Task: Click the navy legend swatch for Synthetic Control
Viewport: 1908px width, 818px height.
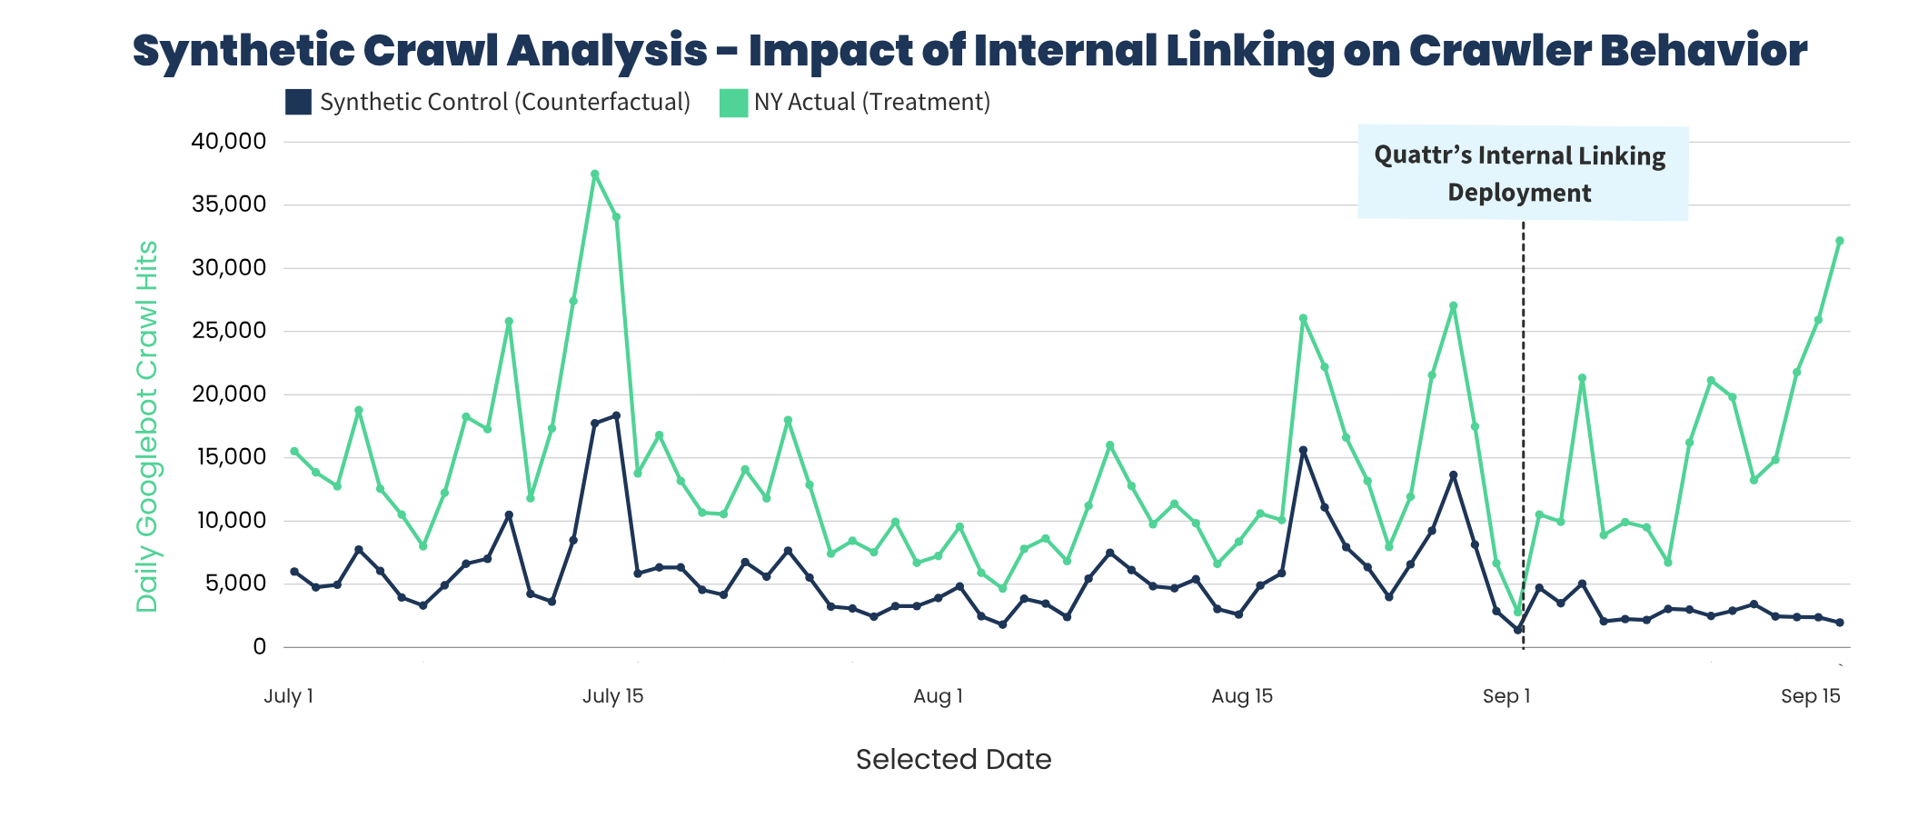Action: point(298,102)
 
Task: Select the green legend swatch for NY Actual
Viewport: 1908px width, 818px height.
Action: point(733,102)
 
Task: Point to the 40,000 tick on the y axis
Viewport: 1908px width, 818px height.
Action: point(228,142)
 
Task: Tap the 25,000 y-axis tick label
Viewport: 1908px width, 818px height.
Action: point(228,331)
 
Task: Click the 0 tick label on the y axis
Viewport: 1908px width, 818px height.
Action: point(260,646)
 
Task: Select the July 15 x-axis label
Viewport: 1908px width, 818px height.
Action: point(612,696)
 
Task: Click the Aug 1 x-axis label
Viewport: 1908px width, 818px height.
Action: point(938,696)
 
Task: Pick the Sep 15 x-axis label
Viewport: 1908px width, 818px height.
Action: point(1810,696)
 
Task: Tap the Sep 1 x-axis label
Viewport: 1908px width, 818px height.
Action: point(1506,696)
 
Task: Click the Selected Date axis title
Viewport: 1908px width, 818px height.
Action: point(953,759)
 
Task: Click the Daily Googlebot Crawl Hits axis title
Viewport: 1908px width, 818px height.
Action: point(147,427)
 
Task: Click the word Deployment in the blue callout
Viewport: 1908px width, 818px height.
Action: point(1519,193)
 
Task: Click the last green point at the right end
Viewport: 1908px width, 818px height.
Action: point(1840,241)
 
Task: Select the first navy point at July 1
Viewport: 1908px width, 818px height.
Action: point(294,572)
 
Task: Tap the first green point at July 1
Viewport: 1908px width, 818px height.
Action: point(294,451)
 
